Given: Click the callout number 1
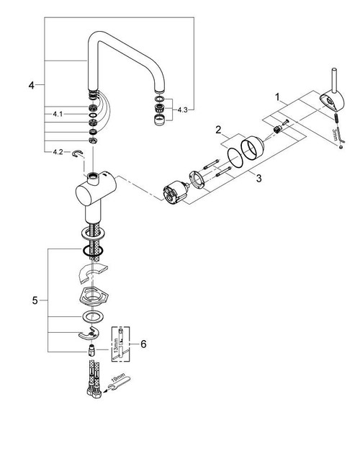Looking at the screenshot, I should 276,95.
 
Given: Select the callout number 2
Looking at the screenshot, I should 215,130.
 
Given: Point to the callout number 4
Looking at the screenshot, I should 31,86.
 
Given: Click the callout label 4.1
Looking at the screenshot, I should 58,114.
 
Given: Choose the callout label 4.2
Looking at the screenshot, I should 58,152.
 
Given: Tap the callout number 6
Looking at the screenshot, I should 143,344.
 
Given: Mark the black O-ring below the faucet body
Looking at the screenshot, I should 92,250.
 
